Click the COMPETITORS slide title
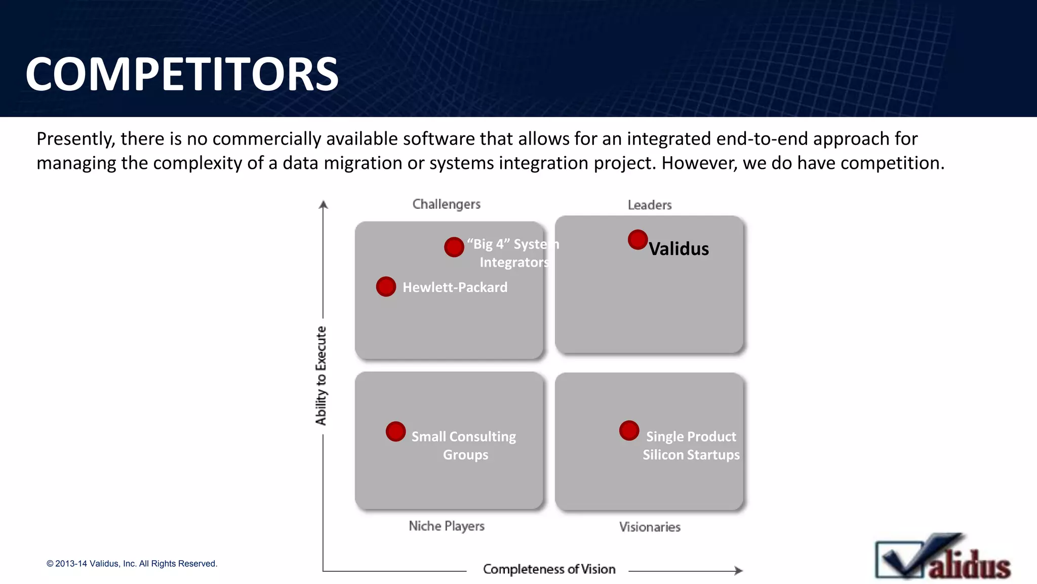(182, 75)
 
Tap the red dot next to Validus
(637, 240)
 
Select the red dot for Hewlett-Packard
(386, 286)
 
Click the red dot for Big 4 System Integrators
(454, 247)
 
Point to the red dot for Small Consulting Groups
(395, 431)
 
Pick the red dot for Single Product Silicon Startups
(629, 430)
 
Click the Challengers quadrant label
(446, 204)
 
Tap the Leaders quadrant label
(649, 205)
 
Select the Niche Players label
(446, 526)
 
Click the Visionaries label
(649, 527)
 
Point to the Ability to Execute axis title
(321, 376)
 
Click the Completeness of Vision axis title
(549, 569)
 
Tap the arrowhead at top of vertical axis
(324, 204)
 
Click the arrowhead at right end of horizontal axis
(739, 570)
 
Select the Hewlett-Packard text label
(455, 287)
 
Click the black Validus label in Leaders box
(679, 249)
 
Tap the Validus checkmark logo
(942, 558)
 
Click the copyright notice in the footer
(132, 564)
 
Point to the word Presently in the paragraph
(75, 139)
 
